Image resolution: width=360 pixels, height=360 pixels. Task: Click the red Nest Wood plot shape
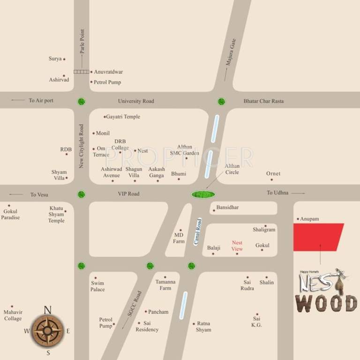point(317,237)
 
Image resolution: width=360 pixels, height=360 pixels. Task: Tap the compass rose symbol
point(47,331)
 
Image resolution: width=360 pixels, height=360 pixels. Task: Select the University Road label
point(136,101)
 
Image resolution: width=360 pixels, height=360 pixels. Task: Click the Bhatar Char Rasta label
point(263,101)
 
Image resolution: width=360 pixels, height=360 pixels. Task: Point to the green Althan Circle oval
point(202,194)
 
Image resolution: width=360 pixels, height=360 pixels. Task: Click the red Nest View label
point(237,246)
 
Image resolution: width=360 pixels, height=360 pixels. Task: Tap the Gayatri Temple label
point(123,117)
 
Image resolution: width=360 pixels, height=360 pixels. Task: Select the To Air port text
point(41,100)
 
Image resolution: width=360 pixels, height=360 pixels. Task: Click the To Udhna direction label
point(277,193)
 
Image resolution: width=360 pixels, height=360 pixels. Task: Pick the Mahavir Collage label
point(13,315)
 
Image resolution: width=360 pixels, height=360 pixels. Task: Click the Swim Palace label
point(97,286)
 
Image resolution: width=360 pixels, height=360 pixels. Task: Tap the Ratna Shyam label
point(203,327)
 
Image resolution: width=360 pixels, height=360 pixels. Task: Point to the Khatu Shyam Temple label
point(56,215)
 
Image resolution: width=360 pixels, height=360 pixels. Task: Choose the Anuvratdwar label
point(108,72)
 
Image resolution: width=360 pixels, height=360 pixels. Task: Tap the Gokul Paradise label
point(10,215)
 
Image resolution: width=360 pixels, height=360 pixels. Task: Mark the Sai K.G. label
point(256,322)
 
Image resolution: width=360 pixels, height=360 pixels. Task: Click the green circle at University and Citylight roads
point(82,101)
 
